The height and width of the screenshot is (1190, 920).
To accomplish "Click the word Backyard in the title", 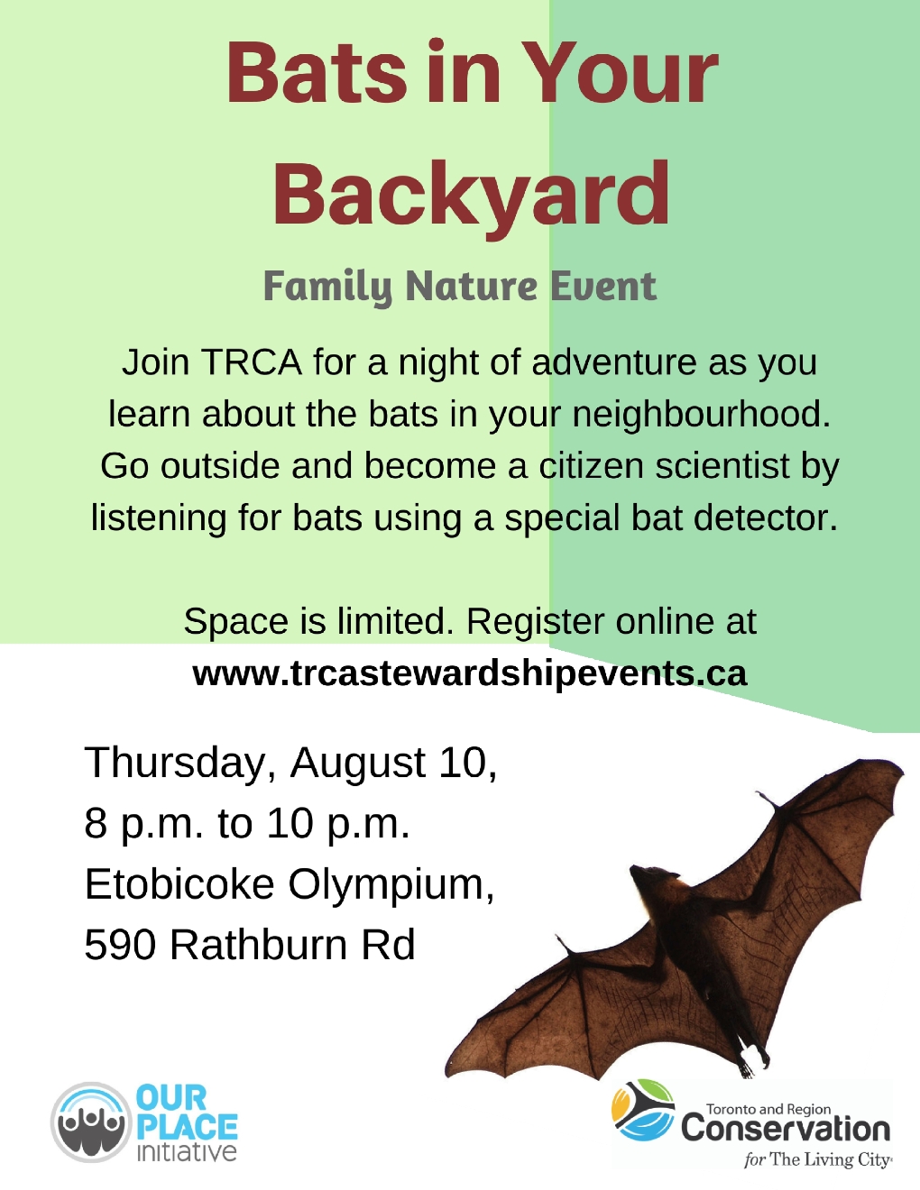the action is (x=471, y=196).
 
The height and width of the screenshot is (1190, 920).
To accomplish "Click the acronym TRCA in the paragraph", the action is (x=252, y=362).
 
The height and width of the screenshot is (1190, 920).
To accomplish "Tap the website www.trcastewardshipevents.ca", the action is (x=470, y=673).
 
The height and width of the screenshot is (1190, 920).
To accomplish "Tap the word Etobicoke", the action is (x=179, y=883).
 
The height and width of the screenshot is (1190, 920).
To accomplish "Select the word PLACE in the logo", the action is (x=187, y=1128).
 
